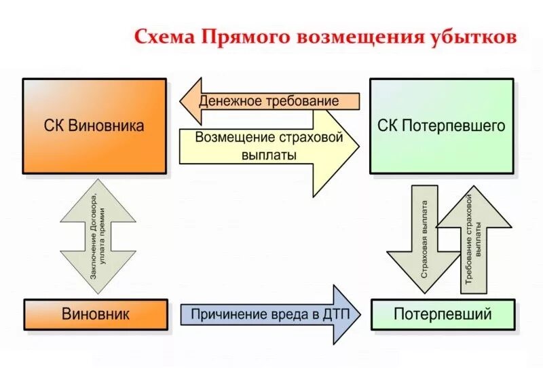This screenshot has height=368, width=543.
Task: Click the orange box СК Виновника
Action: (x=94, y=126)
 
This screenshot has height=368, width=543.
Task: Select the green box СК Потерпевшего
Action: (x=441, y=126)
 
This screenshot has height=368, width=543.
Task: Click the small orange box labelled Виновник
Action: (x=95, y=314)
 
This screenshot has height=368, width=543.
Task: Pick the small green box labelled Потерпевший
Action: (x=442, y=314)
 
